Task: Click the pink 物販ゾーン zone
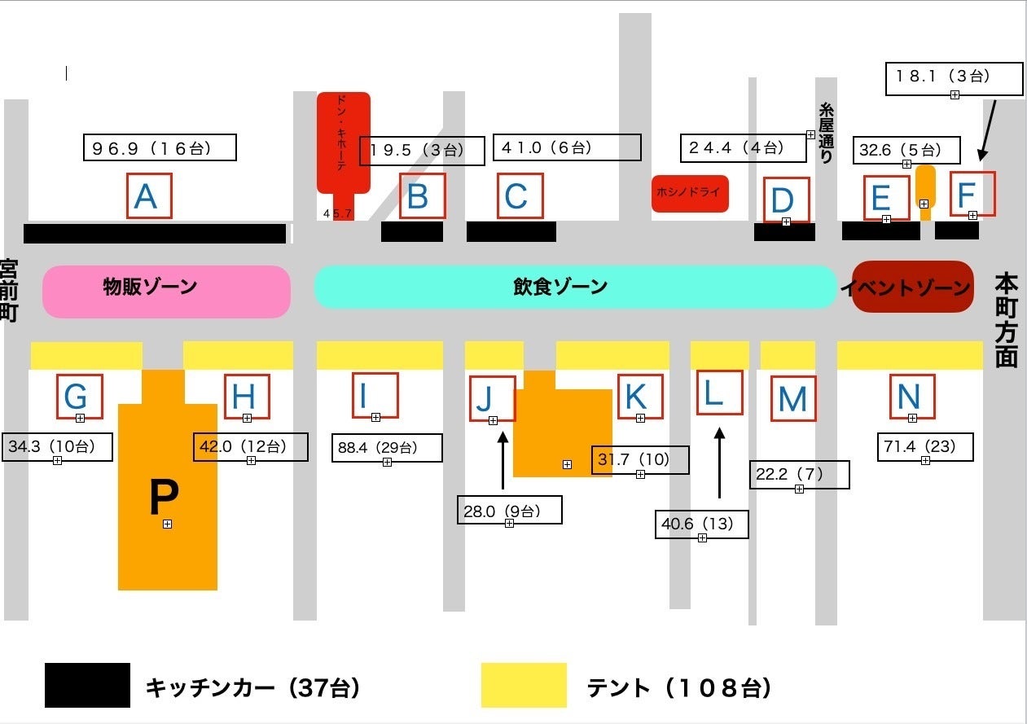point(166,292)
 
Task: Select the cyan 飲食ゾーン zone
point(575,287)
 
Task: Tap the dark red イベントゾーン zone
point(912,287)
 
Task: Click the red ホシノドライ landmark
point(690,194)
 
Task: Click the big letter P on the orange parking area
point(165,497)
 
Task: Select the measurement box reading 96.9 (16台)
point(160,147)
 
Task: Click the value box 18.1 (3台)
point(954,79)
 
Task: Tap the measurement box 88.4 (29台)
point(387,448)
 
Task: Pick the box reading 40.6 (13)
point(701,524)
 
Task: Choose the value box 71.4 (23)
point(925,447)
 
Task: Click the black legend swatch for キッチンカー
point(87,685)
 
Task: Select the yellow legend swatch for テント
point(524,685)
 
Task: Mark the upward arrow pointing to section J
point(503,460)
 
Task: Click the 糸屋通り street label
point(826,133)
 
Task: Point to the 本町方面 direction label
point(1006,319)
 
